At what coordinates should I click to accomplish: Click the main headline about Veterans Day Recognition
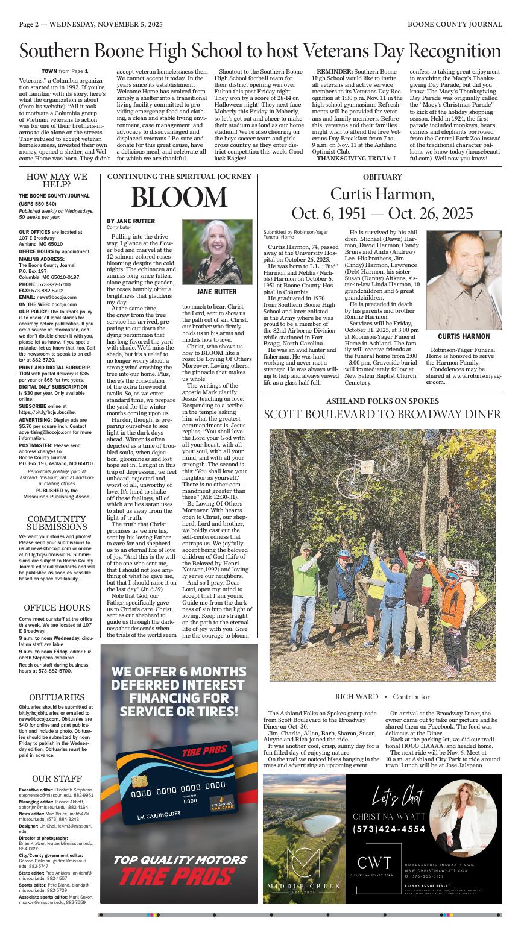[260, 51]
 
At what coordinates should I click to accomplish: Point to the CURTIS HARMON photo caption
[464, 336]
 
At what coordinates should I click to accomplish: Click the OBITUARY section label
[382, 177]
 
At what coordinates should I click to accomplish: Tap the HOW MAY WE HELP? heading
[57, 180]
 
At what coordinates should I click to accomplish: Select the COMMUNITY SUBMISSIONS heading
[57, 523]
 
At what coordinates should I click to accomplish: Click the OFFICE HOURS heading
[57, 608]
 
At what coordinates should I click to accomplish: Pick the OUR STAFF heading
[57, 778]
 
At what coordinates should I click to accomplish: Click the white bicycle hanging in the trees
[342, 471]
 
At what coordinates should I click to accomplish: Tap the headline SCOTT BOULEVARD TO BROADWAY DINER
[382, 414]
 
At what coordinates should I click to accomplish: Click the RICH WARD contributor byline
[357, 697]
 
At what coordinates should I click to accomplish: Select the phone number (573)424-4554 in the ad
[389, 829]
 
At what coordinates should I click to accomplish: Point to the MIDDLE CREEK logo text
[304, 886]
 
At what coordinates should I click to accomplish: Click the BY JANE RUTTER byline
[130, 221]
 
